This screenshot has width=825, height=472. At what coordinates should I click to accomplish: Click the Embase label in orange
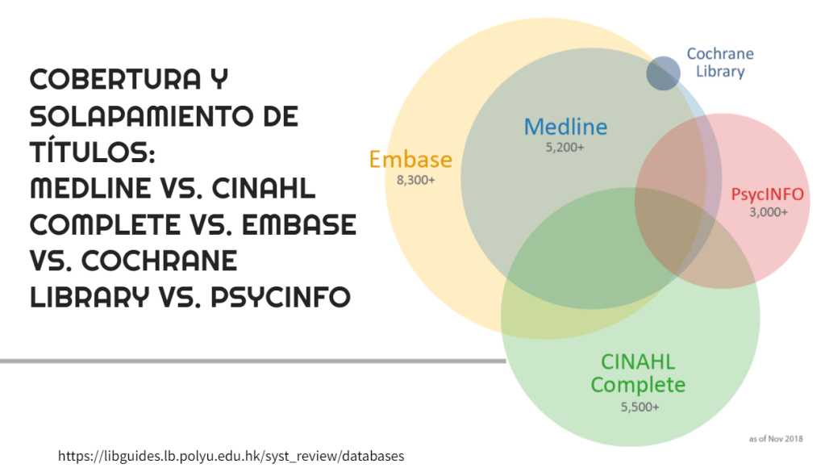(x=410, y=159)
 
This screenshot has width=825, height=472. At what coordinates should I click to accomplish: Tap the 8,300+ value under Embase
(x=415, y=181)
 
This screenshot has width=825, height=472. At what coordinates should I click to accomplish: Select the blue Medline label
(x=565, y=127)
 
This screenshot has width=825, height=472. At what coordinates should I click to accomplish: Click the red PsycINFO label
(x=767, y=194)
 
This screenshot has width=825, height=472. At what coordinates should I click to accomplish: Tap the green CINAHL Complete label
(x=638, y=373)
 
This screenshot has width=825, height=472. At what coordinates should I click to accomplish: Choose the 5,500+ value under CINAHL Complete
(x=640, y=407)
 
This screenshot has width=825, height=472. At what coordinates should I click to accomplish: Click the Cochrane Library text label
(x=720, y=63)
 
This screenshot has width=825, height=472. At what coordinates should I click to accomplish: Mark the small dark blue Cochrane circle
(x=663, y=73)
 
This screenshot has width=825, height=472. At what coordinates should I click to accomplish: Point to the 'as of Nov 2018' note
(x=775, y=439)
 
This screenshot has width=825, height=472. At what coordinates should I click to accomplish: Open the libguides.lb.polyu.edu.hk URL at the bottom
(x=231, y=456)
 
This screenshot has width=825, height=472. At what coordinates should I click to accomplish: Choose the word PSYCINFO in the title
(x=281, y=298)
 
